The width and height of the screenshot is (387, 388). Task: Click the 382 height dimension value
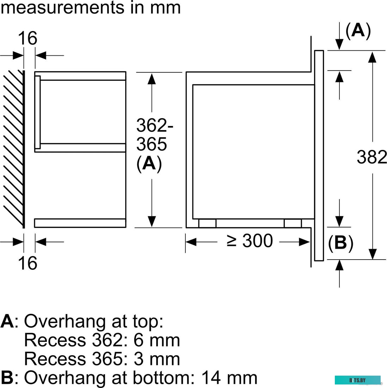pos(372,157)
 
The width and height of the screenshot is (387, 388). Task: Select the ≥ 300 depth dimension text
pos(250,241)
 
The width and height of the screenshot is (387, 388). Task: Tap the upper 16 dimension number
pos(27,38)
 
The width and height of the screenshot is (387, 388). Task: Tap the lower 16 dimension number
pos(27,263)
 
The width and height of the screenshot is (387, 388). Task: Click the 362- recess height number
pos(155,125)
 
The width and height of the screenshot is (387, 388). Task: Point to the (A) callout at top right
pos(358,31)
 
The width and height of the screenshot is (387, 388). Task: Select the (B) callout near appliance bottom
pos(340,243)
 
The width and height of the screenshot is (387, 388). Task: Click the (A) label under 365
pos(149,163)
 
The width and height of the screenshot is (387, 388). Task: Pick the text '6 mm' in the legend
pos(157,340)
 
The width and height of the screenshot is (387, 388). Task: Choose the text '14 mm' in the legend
pos(229,378)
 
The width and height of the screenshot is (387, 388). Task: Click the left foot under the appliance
pos(207,223)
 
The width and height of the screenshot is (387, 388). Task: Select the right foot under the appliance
pos(293,223)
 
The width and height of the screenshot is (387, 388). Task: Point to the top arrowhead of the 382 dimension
pos(372,56)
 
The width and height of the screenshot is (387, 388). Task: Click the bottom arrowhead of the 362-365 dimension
pos(152,221)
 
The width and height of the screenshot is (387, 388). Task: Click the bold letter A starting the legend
pos(7,321)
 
